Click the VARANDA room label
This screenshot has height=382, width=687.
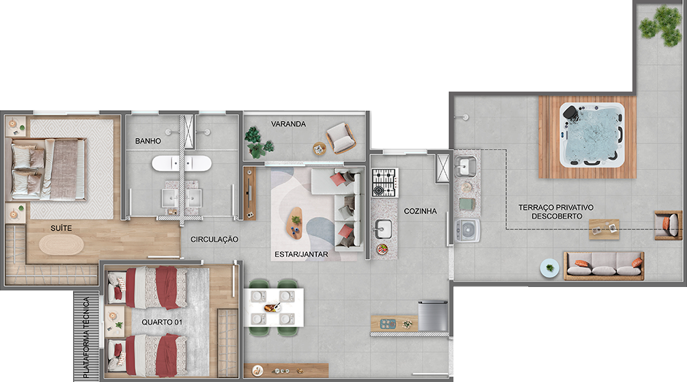(x=288, y=124)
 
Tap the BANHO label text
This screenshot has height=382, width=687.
(x=148, y=141)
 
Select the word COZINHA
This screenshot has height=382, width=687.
(x=420, y=211)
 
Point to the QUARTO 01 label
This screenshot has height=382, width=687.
(x=162, y=323)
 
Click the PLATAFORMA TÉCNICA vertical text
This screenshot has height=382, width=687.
(x=86, y=338)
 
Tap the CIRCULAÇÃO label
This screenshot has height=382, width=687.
(x=214, y=239)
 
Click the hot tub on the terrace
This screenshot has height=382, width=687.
(x=591, y=135)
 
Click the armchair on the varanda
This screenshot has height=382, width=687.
(x=341, y=138)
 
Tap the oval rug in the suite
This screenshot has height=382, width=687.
(x=61, y=244)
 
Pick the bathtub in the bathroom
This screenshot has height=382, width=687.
(x=182, y=163)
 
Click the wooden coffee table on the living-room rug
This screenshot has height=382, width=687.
(x=296, y=223)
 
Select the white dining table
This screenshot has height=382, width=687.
(x=274, y=308)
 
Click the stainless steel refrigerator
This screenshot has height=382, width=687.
(x=433, y=316)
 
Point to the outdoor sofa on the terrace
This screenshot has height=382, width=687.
(x=604, y=266)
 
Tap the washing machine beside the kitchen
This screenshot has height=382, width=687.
(x=467, y=231)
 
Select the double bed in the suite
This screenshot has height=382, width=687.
(x=46, y=169)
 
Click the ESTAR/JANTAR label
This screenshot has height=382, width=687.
(x=301, y=254)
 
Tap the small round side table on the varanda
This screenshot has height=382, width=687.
(x=320, y=149)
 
